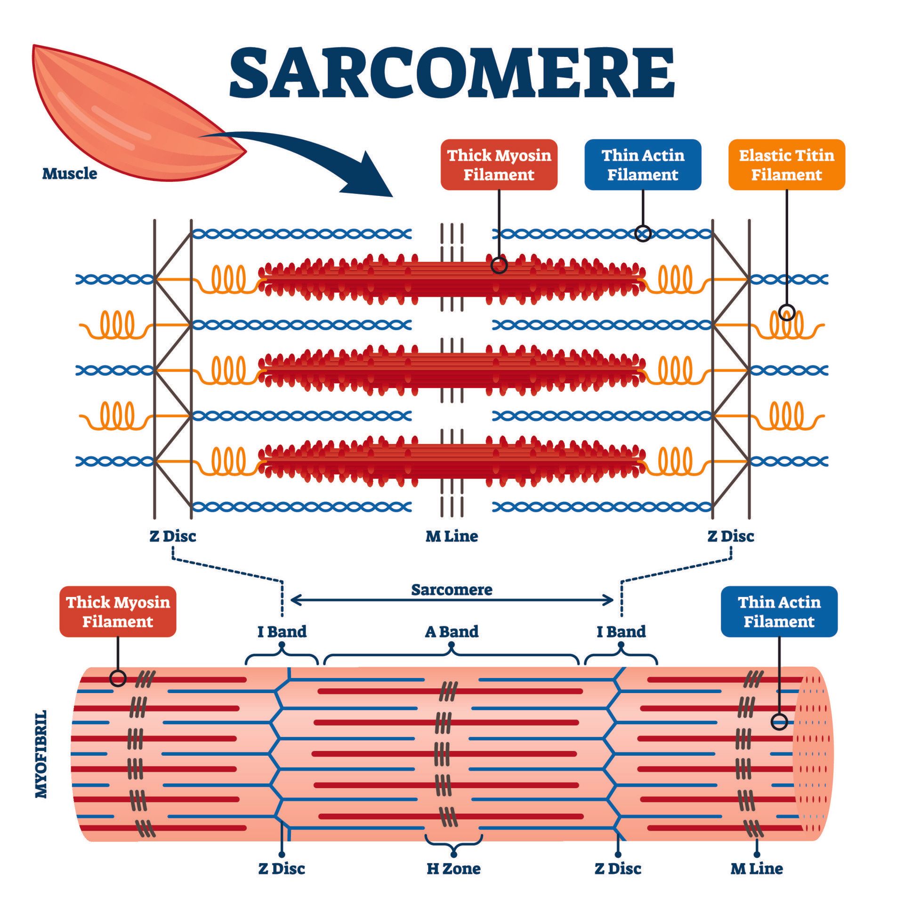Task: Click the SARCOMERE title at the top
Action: pyautogui.click(x=452, y=73)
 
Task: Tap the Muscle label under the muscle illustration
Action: pyautogui.click(x=70, y=174)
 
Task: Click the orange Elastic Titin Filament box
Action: pyautogui.click(x=786, y=165)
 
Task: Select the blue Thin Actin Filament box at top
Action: pyautogui.click(x=643, y=165)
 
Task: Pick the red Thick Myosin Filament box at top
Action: pyautogui.click(x=499, y=165)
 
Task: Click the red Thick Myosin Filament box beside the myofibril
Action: pyautogui.click(x=118, y=612)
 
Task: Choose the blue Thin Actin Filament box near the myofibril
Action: pyautogui.click(x=779, y=612)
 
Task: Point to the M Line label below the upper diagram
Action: pyautogui.click(x=452, y=536)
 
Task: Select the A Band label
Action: pyautogui.click(x=452, y=631)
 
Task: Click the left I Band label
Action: pyautogui.click(x=282, y=631)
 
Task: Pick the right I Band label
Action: pyautogui.click(x=621, y=631)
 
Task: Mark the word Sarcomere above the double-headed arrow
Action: pyautogui.click(x=452, y=589)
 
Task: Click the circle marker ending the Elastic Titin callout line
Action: pyautogui.click(x=787, y=312)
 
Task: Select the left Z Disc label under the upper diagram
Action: pyautogui.click(x=172, y=536)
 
